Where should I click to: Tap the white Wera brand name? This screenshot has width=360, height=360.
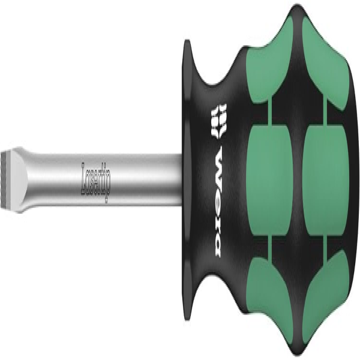[218, 202]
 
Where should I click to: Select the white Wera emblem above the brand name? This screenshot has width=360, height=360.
[218, 121]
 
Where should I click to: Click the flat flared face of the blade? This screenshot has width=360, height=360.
[17, 181]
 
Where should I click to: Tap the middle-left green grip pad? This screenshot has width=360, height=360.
[269, 180]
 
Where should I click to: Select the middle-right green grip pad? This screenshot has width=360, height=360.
[326, 180]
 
